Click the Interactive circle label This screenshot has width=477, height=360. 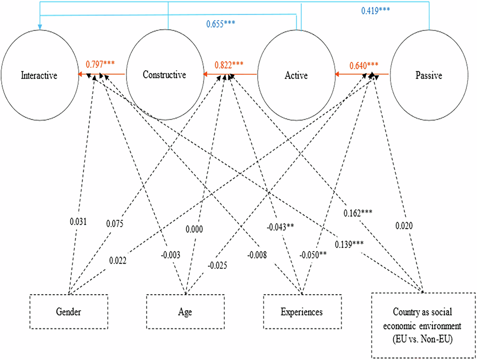(x=39, y=75)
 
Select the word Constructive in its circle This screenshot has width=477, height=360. (x=164, y=75)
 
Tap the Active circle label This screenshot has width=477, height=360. (x=296, y=75)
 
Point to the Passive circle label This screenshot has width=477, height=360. (x=429, y=75)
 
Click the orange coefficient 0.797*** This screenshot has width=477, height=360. (x=100, y=64)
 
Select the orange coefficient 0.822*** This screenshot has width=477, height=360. (x=229, y=65)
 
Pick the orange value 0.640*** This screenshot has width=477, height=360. (x=364, y=65)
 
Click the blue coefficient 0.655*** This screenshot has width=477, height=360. (x=220, y=24)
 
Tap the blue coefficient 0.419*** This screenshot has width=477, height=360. (x=375, y=11)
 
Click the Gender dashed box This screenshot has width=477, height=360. (x=69, y=312)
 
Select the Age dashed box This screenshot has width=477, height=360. (x=185, y=312)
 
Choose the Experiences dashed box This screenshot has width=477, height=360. (x=302, y=312)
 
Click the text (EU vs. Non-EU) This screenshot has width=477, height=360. (x=422, y=339)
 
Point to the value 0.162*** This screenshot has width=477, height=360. (x=358, y=213)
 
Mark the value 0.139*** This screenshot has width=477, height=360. (x=349, y=244)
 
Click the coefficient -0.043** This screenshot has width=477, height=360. (x=280, y=227)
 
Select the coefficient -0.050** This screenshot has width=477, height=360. (x=313, y=255)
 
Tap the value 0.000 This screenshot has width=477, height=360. (x=194, y=229)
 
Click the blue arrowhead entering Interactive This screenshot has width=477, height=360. (x=40, y=27)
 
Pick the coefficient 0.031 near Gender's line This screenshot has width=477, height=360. (x=78, y=222)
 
